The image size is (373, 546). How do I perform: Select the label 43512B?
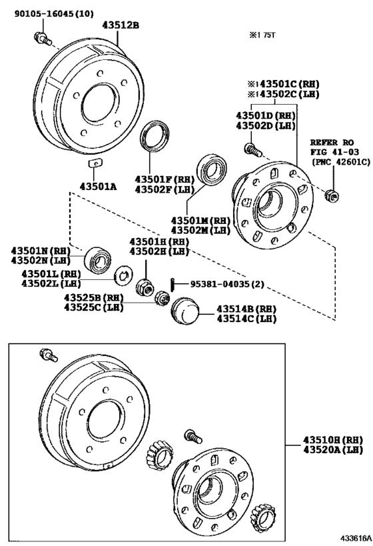tap(121, 25)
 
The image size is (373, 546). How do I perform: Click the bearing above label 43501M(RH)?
tap(213, 171)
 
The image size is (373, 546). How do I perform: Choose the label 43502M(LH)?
tap(198, 229)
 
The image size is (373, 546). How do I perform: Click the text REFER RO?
tap(330, 143)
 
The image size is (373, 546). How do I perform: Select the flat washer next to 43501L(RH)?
tap(122, 274)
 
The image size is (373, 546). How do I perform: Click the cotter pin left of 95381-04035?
tap(171, 283)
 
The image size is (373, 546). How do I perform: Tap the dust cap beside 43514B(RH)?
tap(184, 311)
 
